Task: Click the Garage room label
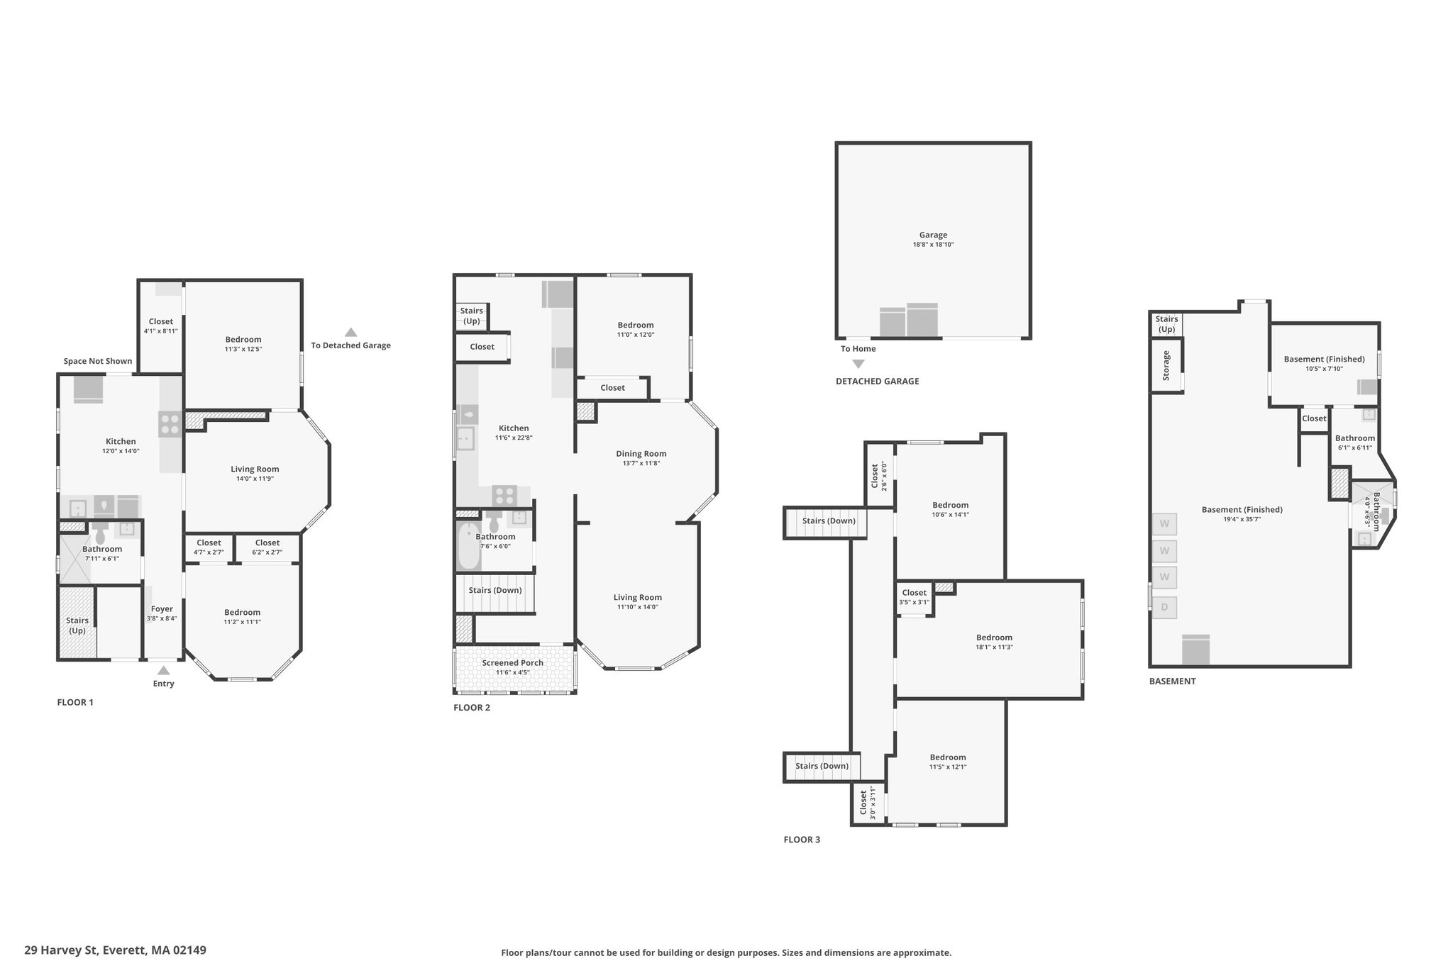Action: coord(933,235)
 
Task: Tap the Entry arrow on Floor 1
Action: coord(163,670)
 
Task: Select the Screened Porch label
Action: coord(512,663)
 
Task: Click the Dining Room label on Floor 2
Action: coord(641,454)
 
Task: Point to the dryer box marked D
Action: coord(1164,607)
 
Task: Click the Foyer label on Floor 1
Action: coord(162,609)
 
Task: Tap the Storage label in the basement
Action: coord(1166,366)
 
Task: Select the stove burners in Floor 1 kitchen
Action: coord(170,424)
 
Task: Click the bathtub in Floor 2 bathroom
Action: coord(469,546)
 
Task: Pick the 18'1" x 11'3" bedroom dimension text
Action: coord(993,647)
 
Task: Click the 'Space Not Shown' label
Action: coord(98,361)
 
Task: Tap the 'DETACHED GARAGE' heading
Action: coord(877,382)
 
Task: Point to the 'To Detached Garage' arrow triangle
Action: coord(350,332)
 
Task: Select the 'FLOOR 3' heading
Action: coord(802,840)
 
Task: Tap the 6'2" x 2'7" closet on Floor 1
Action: coord(267,547)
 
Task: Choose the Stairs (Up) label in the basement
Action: coord(1166,324)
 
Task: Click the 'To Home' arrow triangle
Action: coord(858,364)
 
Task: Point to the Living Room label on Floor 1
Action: coord(255,469)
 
